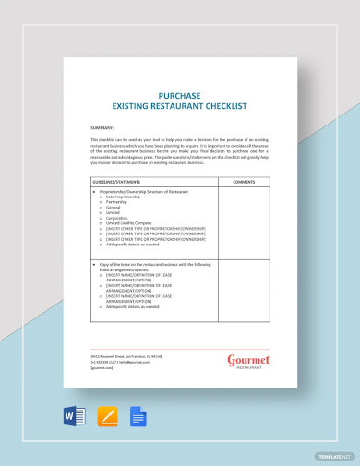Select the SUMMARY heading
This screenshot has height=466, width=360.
102,127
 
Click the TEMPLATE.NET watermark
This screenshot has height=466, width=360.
335,456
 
